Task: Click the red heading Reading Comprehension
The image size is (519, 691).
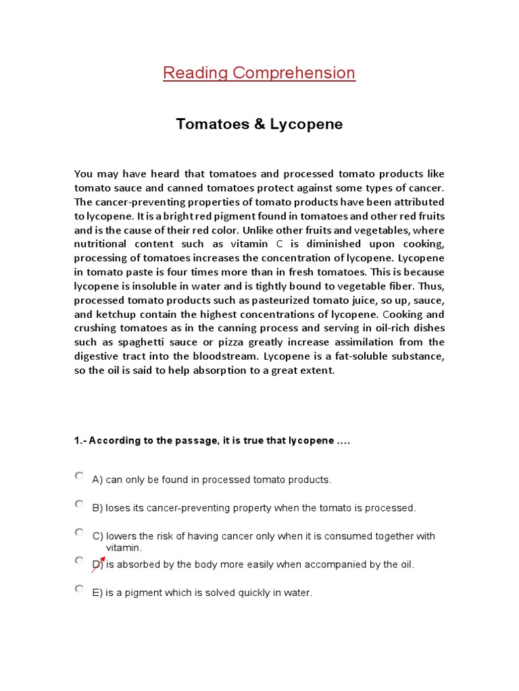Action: click(x=259, y=73)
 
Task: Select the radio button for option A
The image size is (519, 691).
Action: click(x=79, y=476)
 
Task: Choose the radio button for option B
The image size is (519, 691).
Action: click(x=79, y=503)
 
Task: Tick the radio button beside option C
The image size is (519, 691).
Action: click(x=79, y=532)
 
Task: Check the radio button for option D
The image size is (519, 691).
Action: click(x=79, y=560)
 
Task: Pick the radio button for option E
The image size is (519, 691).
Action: click(x=79, y=588)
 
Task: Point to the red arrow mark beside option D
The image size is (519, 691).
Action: click(x=98, y=565)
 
